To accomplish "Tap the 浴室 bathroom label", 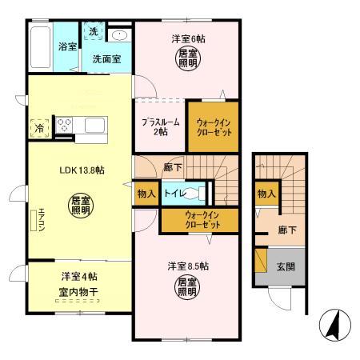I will pyautogui.click(x=66, y=47).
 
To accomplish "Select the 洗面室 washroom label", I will pyautogui.click(x=106, y=58).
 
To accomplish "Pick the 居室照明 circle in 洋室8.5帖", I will pyautogui.click(x=186, y=286).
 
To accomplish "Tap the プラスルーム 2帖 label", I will pyautogui.click(x=160, y=127).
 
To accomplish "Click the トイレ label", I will pyautogui.click(x=176, y=194).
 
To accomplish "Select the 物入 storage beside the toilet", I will pyautogui.click(x=145, y=194).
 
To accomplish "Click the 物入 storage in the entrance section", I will pyautogui.click(x=267, y=194).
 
